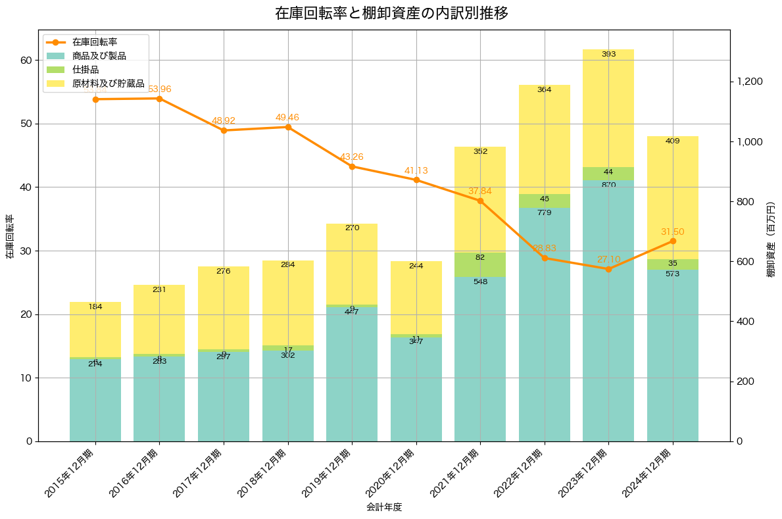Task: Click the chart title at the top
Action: pyautogui.click(x=391, y=13)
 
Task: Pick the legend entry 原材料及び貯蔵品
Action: pyautogui.click(x=108, y=84)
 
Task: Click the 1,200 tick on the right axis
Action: pyautogui.click(x=750, y=82)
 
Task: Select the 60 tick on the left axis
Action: pyautogui.click(x=26, y=60)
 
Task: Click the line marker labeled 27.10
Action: pyautogui.click(x=608, y=269)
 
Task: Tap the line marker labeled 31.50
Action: pyautogui.click(x=672, y=241)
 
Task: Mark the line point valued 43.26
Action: pyautogui.click(x=352, y=166)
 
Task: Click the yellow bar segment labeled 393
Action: pyautogui.click(x=608, y=109)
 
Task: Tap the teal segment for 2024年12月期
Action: pyautogui.click(x=672, y=355)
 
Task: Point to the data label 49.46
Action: pyautogui.click(x=287, y=118)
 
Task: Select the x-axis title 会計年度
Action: pyautogui.click(x=384, y=507)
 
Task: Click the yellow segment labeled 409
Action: pyautogui.click(x=672, y=197)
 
